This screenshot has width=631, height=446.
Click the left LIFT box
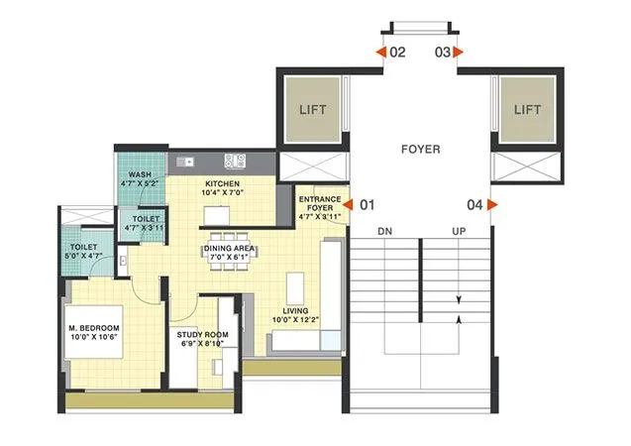coord(313,109)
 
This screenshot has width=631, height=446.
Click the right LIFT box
coord(526,109)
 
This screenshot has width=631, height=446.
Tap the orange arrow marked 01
coord(348,205)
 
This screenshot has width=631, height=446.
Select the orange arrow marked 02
coord(381,52)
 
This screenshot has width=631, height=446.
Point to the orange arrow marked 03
coord(457,52)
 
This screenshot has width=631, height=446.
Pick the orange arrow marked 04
coord(491,205)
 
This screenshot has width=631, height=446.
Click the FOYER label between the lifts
coord(420,151)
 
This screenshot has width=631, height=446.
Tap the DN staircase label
coord(386,231)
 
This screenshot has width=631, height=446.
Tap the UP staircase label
coord(458,231)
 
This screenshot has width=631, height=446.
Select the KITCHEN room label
coord(222,185)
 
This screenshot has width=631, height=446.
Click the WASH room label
coord(140,174)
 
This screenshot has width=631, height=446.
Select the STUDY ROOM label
coord(202,335)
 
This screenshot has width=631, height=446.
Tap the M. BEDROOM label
coord(94,328)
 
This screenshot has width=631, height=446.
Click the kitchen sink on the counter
coord(236,159)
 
